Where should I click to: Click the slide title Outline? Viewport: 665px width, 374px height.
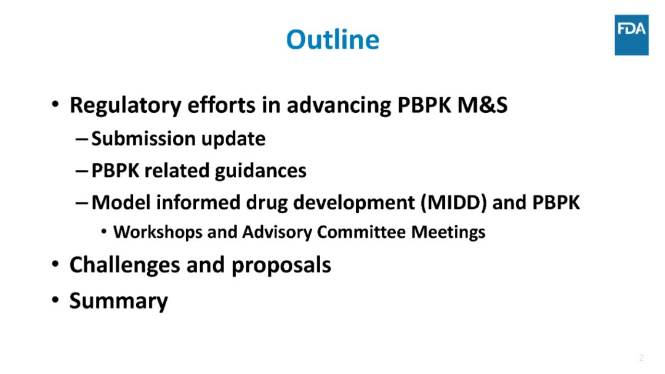pyautogui.click(x=332, y=39)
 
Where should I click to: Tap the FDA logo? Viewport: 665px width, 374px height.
pyautogui.click(x=632, y=35)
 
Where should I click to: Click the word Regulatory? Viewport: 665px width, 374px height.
pyautogui.click(x=126, y=105)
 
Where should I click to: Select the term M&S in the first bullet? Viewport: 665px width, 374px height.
pyautogui.click(x=482, y=105)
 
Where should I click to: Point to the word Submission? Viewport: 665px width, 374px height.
pyautogui.click(x=143, y=139)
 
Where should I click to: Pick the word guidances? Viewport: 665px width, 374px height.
pyautogui.click(x=260, y=171)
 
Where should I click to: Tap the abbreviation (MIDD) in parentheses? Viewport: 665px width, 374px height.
pyautogui.click(x=453, y=203)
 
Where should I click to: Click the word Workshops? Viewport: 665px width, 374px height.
pyautogui.click(x=158, y=232)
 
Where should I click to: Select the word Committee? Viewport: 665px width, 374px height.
pyautogui.click(x=361, y=232)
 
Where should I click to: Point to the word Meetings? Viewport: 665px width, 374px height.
pyautogui.click(x=448, y=232)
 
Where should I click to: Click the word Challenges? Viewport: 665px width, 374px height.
pyautogui.click(x=124, y=266)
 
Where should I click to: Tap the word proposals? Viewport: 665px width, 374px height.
pyautogui.click(x=281, y=266)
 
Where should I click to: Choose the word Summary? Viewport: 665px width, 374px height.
pyautogui.click(x=119, y=301)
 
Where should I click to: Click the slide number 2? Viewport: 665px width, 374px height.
pyautogui.click(x=641, y=358)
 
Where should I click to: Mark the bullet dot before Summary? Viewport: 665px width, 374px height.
pyautogui.click(x=55, y=299)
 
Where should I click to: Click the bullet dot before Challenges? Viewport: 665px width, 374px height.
pyautogui.click(x=55, y=264)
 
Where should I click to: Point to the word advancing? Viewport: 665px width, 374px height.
pyautogui.click(x=339, y=105)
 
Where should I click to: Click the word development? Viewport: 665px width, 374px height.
pyautogui.click(x=353, y=203)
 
